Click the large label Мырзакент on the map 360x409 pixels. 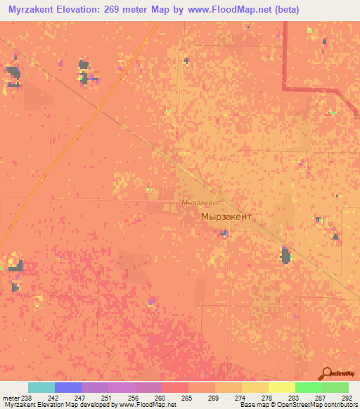click(225, 218)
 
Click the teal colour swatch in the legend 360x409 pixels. click(41, 387)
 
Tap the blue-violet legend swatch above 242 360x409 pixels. click(67, 387)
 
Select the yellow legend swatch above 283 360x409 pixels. click(281, 387)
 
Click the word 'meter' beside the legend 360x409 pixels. click(11, 398)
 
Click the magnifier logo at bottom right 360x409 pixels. click(328, 374)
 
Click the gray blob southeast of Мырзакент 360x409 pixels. click(286, 255)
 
